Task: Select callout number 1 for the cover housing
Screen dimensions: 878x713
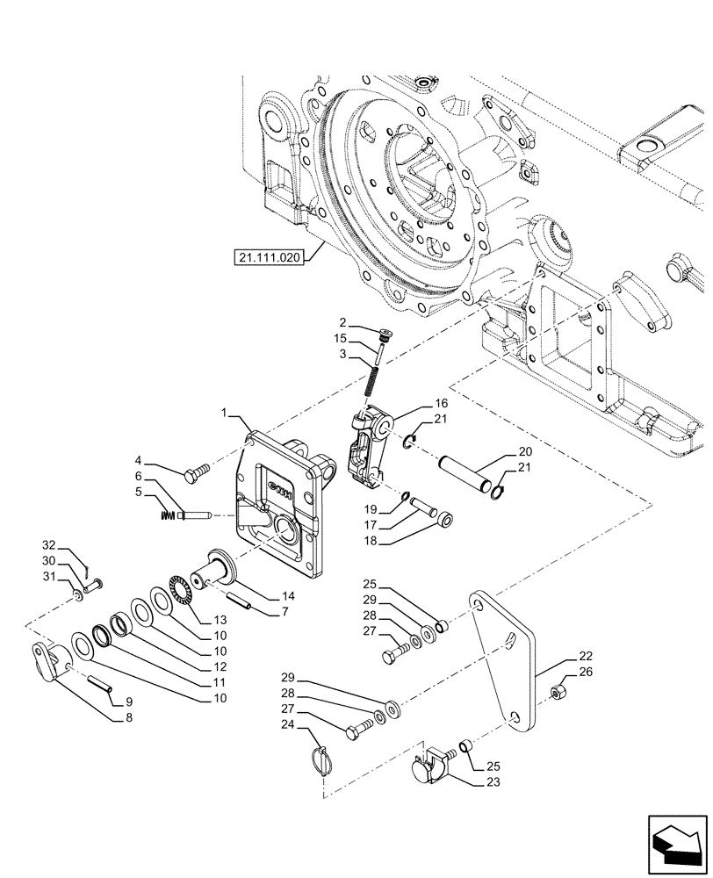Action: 226,413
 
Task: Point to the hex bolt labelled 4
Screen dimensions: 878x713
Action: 195,475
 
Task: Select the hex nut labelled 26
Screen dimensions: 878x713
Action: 558,695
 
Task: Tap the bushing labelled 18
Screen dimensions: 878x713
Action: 447,521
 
